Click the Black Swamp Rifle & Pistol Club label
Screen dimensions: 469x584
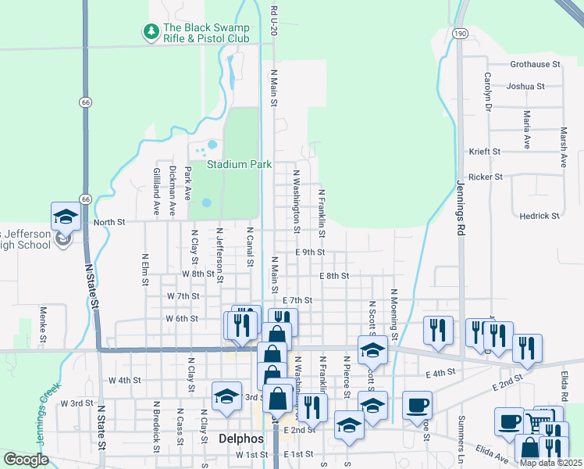click(205, 32)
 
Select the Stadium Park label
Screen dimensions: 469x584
click(239, 164)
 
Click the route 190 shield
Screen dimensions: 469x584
click(461, 34)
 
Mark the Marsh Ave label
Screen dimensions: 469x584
click(563, 148)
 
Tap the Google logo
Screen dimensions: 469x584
click(26, 460)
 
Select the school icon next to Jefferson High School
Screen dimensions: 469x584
click(66, 217)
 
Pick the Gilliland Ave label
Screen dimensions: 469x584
click(156, 191)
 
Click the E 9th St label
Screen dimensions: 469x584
click(310, 252)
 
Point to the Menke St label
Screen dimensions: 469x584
click(43, 324)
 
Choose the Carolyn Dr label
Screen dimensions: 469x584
click(487, 91)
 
